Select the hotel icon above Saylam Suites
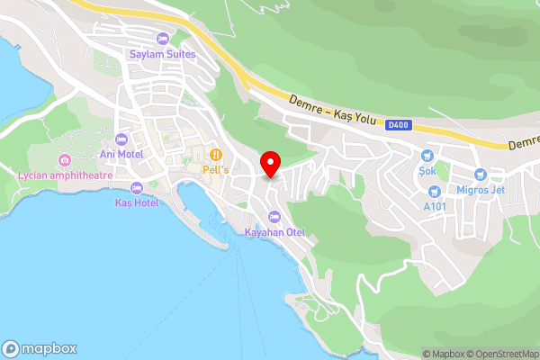coord(162,39)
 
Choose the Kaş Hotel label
coord(137,202)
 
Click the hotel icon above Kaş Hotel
coord(137,188)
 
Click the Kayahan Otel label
coord(275,232)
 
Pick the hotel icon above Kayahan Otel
coord(274,217)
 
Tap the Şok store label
coord(427,169)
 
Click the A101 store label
coord(436,205)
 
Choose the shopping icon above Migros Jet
coord(480,173)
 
